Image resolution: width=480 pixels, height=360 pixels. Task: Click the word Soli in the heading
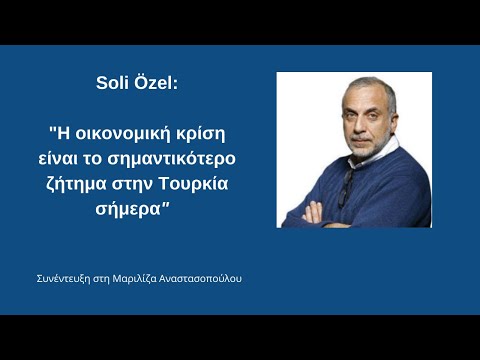[x=112, y=83]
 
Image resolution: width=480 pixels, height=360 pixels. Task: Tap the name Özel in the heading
[x=155, y=82]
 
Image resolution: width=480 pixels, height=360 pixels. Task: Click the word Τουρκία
[x=193, y=184]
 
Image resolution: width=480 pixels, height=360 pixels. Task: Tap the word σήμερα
[x=128, y=210]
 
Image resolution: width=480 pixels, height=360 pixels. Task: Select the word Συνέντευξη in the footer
[x=64, y=279]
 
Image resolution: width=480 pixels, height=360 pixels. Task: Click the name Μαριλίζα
[x=134, y=279]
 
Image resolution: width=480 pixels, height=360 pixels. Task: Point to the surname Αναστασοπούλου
[x=200, y=279]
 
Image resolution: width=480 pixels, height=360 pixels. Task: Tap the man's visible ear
[x=394, y=121]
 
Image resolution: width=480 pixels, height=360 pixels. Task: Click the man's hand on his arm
[x=312, y=213]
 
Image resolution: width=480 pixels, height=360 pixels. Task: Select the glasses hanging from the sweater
[x=346, y=187]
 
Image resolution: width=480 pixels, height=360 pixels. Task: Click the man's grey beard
[x=370, y=147]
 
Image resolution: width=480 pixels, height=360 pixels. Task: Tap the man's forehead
[x=362, y=97]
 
